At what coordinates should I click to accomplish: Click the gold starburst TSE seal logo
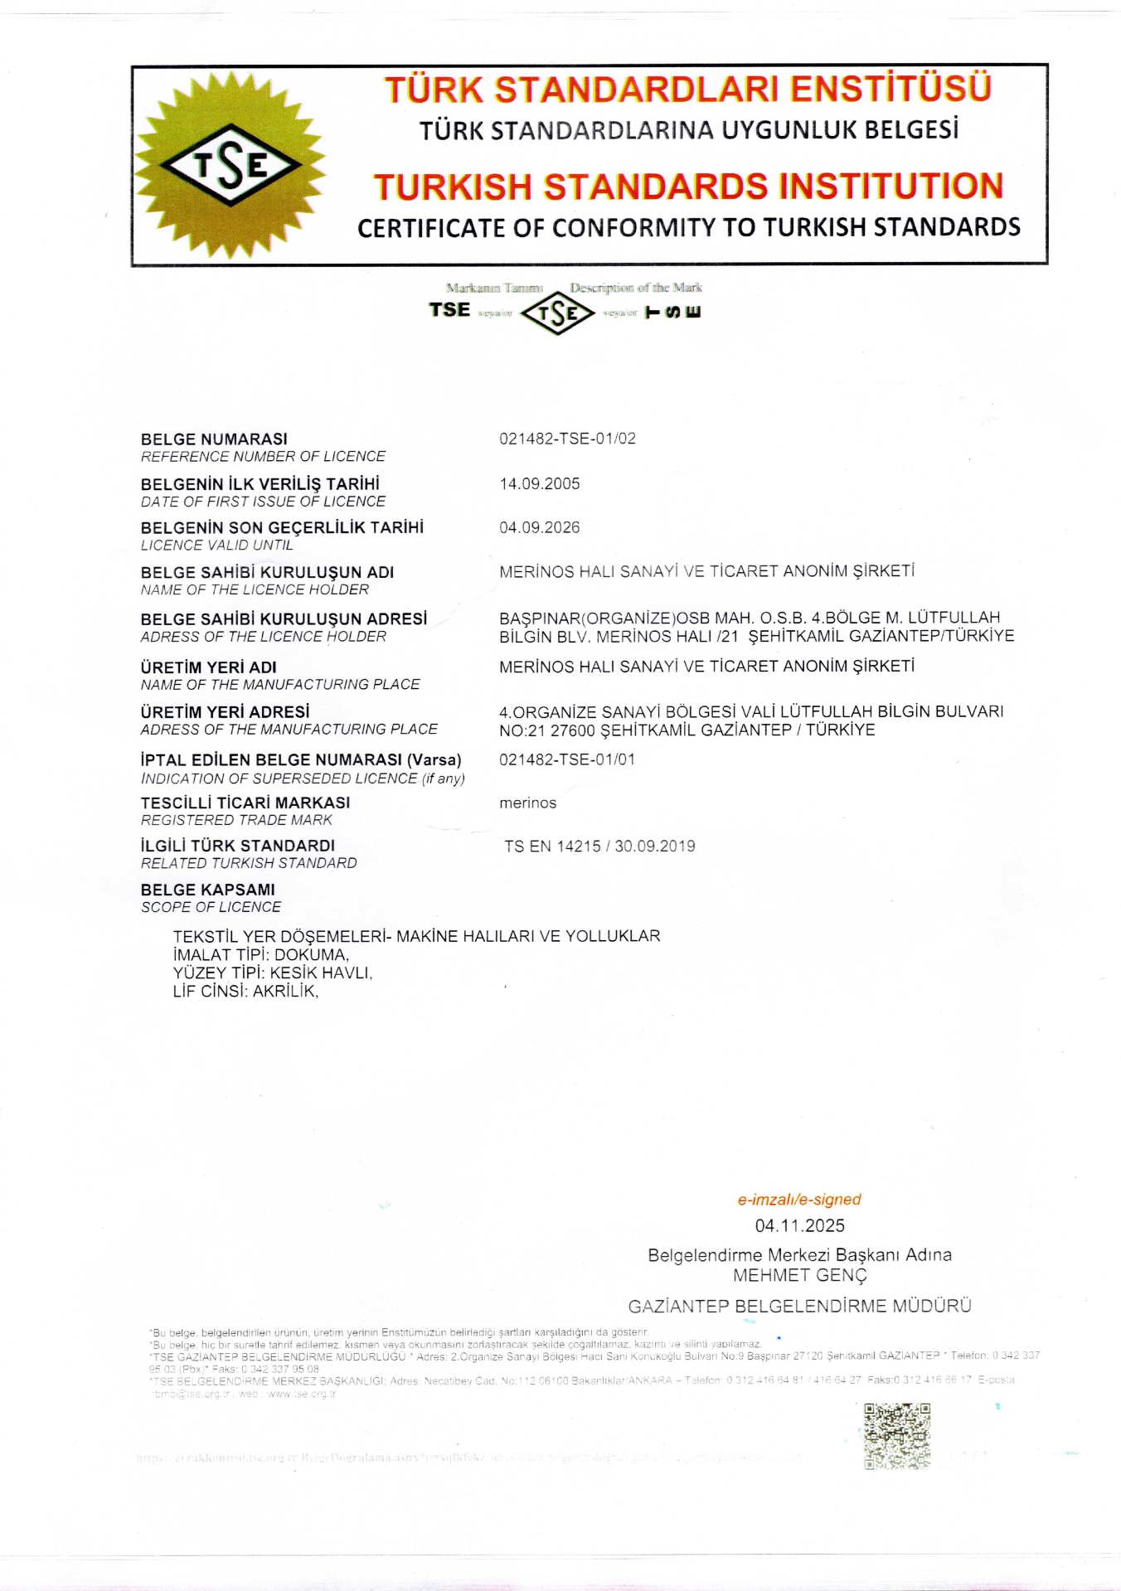point(230,166)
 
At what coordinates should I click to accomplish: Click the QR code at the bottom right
point(897,1436)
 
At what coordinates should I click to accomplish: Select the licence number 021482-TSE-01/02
point(567,439)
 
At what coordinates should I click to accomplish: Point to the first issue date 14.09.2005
point(540,483)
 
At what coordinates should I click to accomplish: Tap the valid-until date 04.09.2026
point(540,527)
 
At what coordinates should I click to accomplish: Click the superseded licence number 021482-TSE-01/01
point(567,759)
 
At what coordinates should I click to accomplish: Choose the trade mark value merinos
point(528,803)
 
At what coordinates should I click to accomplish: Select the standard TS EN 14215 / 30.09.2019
point(599,846)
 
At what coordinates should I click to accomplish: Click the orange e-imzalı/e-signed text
point(799,1199)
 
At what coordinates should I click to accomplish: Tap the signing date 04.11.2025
point(799,1225)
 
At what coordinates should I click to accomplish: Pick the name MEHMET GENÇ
point(799,1275)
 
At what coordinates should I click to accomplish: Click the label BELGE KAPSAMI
point(208,890)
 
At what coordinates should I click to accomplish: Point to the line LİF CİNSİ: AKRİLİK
point(245,991)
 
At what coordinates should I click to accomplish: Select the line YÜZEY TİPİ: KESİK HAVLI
point(273,973)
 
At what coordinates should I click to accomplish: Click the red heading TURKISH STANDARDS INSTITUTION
point(688,187)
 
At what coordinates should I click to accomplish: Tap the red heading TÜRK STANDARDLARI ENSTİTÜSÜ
point(688,90)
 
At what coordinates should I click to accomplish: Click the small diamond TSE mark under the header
point(557,313)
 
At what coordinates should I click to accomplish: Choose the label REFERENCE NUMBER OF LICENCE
point(263,457)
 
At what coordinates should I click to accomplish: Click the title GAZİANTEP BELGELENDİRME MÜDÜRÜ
point(799,1307)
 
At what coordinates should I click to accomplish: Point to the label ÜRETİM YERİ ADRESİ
point(226,711)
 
